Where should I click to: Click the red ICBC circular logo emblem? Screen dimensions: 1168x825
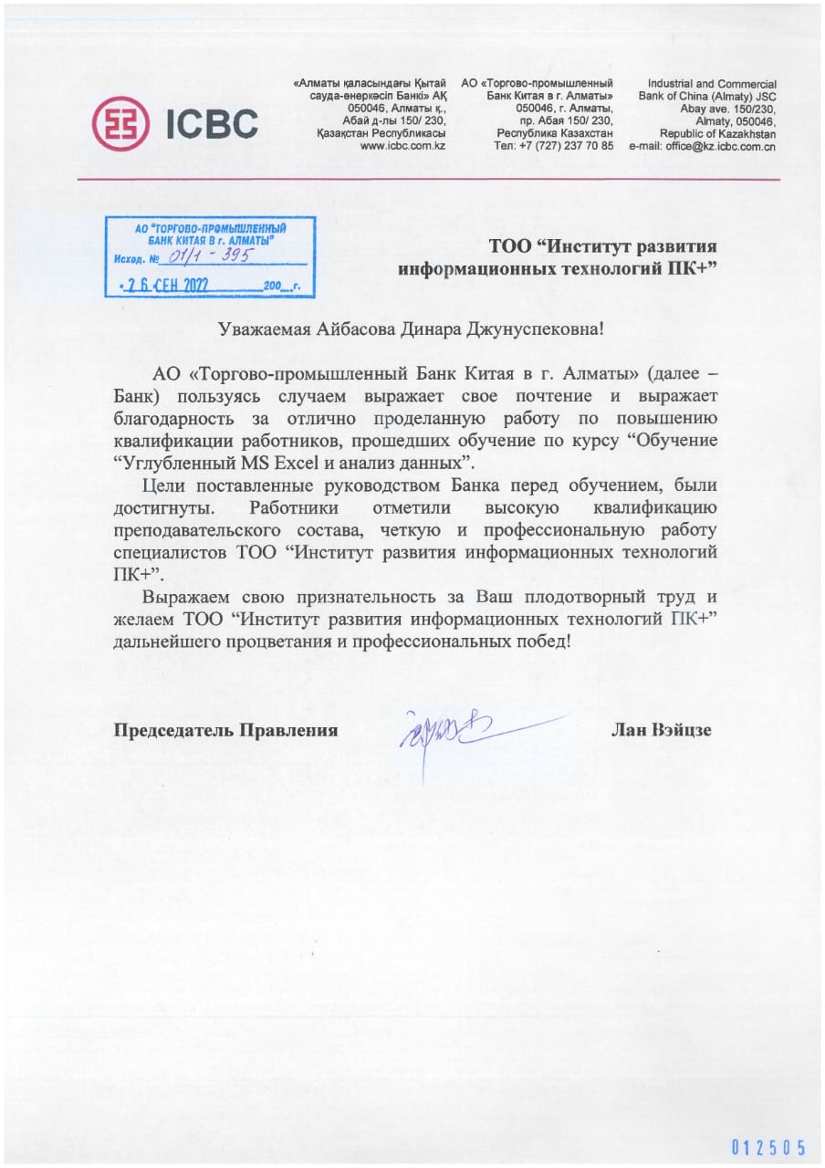(122, 122)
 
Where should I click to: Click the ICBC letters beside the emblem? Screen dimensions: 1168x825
(212, 123)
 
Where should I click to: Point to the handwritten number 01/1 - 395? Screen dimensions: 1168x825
(209, 257)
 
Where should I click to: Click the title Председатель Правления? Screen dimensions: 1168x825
(225, 730)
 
